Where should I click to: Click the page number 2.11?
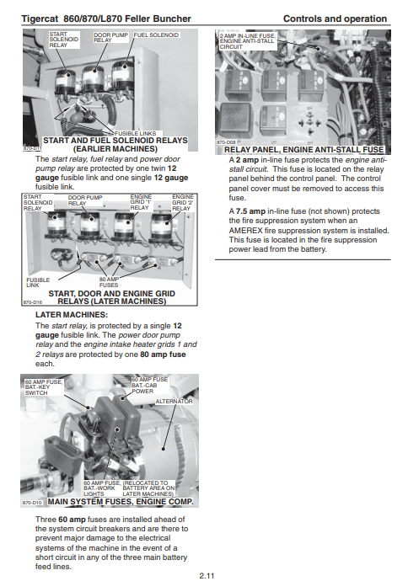click(x=207, y=575)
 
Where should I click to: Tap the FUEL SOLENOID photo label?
click(x=156, y=35)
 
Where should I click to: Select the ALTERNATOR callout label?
click(x=174, y=402)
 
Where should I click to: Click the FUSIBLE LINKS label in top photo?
click(x=135, y=133)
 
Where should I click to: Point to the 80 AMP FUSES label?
click(x=109, y=282)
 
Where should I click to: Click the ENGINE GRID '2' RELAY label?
click(x=183, y=202)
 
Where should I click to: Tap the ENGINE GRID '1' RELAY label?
click(x=141, y=202)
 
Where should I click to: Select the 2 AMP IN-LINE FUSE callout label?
click(x=247, y=41)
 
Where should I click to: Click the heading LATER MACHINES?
click(x=72, y=315)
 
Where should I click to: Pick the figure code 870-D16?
click(x=32, y=302)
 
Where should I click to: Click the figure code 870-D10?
click(x=32, y=503)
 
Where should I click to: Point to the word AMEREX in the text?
click(x=245, y=231)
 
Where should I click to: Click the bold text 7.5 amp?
click(x=250, y=211)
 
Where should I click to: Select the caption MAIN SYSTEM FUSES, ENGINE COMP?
click(x=121, y=502)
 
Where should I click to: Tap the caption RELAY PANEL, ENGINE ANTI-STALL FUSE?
click(x=303, y=150)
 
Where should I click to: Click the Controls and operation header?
click(x=335, y=19)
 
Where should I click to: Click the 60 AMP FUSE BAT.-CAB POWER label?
click(x=150, y=386)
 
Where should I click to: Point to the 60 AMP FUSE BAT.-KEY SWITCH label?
click(x=44, y=387)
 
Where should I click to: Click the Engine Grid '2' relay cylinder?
click(x=162, y=227)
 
